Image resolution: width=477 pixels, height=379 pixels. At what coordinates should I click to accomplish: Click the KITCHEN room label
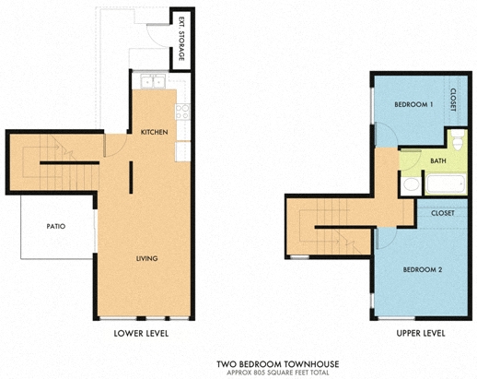pos(154,132)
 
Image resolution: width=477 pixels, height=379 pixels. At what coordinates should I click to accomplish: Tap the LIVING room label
pos(147,258)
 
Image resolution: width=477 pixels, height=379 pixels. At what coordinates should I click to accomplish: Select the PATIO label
pos(56,226)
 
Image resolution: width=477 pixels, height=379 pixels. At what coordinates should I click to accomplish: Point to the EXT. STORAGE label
pos(181,39)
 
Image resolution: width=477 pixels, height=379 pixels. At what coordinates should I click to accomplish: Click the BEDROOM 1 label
pos(413,104)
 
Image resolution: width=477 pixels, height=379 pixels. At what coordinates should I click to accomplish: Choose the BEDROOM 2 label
pos(423,269)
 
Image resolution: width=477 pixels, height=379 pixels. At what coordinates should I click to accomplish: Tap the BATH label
pos(438,160)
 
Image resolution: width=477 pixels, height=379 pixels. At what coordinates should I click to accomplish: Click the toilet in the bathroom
pos(458,139)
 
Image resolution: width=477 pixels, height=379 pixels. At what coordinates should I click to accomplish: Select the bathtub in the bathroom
pos(446,184)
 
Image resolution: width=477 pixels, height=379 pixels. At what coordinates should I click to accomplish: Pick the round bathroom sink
pos(412,184)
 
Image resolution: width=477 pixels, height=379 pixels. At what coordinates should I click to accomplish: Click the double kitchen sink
pos(153,81)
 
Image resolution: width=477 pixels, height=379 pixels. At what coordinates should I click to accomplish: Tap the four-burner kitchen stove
pos(182,112)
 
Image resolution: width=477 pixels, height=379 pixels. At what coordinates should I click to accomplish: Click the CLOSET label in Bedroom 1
pos(453,100)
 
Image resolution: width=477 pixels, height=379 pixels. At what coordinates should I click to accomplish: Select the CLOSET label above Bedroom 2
pos(442,213)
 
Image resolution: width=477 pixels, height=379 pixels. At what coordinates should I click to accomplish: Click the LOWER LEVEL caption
pos(141,333)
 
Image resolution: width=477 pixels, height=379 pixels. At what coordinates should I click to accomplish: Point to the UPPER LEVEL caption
pos(421,333)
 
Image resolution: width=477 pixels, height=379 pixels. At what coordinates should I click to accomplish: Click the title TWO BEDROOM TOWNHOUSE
pos(278,364)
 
